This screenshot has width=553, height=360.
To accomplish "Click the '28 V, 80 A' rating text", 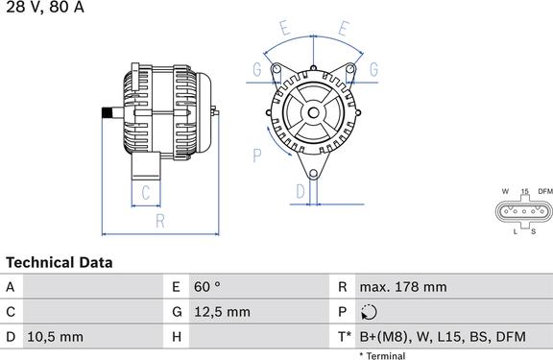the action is coord(45,7).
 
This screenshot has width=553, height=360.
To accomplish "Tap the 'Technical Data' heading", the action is coord(60,263).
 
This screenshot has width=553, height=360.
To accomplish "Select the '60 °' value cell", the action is coord(207,287).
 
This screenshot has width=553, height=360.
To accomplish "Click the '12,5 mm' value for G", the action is coord(222,312).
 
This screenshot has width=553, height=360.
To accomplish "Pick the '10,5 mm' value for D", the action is coord(56,337).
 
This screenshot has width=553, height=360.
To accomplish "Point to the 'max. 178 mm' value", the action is coord(403,287).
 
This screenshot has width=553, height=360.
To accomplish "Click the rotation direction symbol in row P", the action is coord(369,312).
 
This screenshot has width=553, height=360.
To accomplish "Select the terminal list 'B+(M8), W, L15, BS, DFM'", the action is coord(443,337).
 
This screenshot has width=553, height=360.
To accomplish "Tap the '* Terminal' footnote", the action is coord(382,355).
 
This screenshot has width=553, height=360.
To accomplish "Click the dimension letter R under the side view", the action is coord(160,221).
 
